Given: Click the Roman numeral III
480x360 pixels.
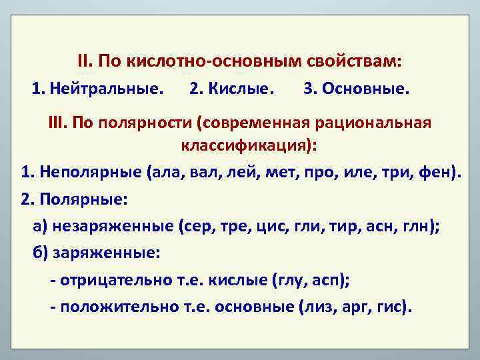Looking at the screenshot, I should pyautogui.click(x=57, y=124).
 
